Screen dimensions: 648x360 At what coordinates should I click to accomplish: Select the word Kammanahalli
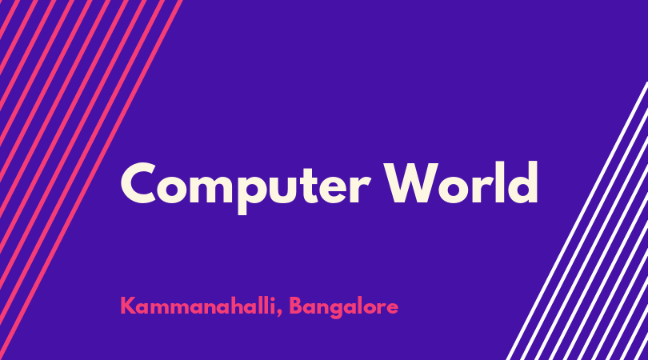(198, 306)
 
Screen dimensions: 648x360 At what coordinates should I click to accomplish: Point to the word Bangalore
(343, 307)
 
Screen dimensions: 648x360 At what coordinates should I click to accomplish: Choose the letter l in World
(499, 182)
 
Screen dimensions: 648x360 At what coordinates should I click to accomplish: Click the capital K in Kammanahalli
(127, 306)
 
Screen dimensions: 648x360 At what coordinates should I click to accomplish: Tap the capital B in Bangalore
(295, 306)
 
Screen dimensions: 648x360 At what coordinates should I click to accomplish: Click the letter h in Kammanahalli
(241, 305)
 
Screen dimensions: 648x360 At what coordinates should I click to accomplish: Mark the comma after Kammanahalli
(280, 314)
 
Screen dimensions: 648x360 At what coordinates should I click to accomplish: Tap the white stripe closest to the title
(577, 221)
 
